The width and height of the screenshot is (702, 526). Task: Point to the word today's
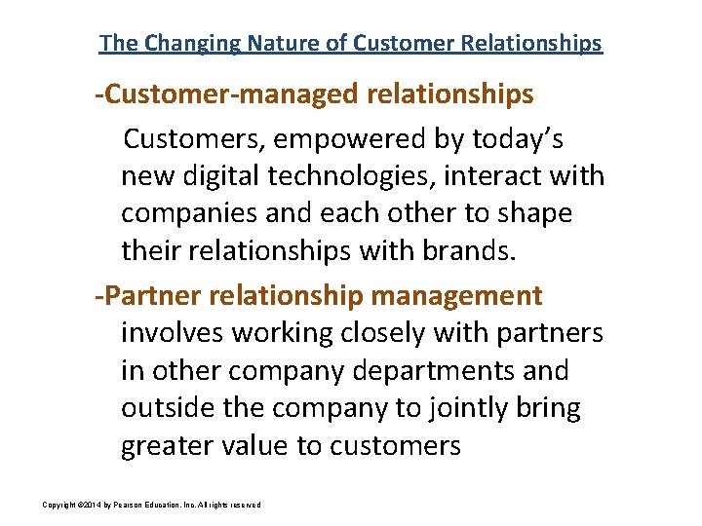516,139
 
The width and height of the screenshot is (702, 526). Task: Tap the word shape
534,213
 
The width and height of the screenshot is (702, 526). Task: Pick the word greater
168,446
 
